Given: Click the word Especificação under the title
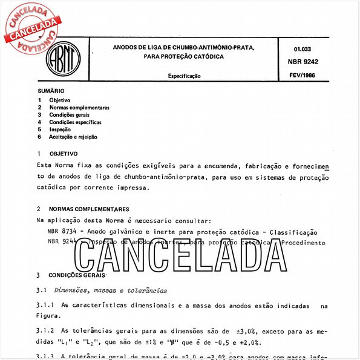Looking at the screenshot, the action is tap(185, 76).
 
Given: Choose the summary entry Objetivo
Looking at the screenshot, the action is tap(60, 99).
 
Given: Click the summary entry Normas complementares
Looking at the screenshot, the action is tap(79, 107).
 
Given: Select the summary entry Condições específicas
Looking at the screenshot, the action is tap(76, 122).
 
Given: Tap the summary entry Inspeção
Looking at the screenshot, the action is tap(60, 129).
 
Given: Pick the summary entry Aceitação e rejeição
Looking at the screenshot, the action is tap(73, 137).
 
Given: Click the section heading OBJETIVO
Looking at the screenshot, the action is tap(64, 154).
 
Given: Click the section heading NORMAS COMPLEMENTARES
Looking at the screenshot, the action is tap(91, 209).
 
